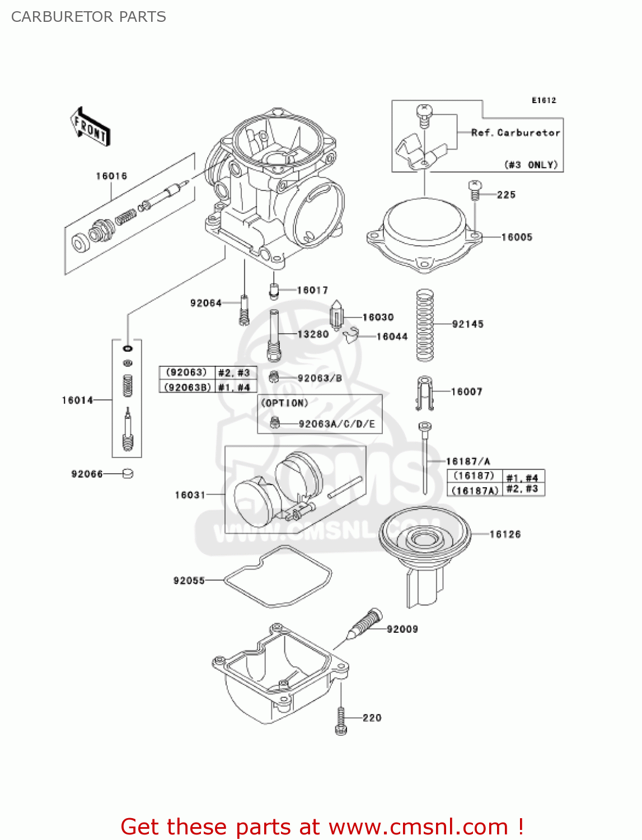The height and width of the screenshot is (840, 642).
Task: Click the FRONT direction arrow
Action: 90,127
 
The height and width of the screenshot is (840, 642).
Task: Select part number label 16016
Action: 111,176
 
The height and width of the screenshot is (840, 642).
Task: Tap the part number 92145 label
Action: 467,324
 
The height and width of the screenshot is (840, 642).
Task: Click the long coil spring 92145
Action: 425,325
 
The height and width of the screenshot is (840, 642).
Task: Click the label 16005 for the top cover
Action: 517,237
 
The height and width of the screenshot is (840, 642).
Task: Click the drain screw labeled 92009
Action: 367,623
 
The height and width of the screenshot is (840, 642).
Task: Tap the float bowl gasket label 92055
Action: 189,581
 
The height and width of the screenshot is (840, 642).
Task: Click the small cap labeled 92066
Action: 128,474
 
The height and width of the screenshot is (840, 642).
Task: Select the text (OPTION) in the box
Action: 285,403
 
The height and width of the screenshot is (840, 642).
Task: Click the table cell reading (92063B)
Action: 187,387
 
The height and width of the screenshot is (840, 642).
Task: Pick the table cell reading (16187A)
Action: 474,490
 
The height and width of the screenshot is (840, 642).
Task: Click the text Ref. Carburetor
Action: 515,133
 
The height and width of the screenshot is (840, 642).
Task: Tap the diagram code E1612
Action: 543,100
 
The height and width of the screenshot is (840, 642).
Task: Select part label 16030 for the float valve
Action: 378,317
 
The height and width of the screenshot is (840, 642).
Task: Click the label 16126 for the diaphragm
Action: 504,534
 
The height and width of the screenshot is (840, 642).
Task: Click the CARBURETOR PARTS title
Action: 88,17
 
